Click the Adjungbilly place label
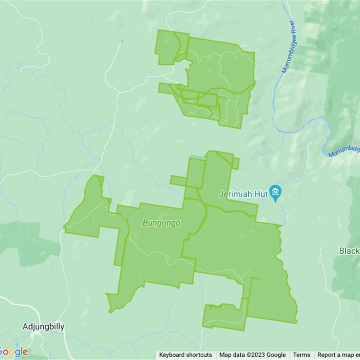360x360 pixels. (43, 326)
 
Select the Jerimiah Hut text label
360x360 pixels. (243, 194)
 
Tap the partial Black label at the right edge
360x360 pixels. (350, 251)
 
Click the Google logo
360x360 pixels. (13, 352)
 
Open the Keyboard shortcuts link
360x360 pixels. (185, 355)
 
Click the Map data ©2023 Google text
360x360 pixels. (252, 355)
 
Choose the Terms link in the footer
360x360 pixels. (301, 355)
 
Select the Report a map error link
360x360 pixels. (338, 355)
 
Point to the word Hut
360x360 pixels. (261, 194)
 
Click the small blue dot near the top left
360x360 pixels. (122, 41)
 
